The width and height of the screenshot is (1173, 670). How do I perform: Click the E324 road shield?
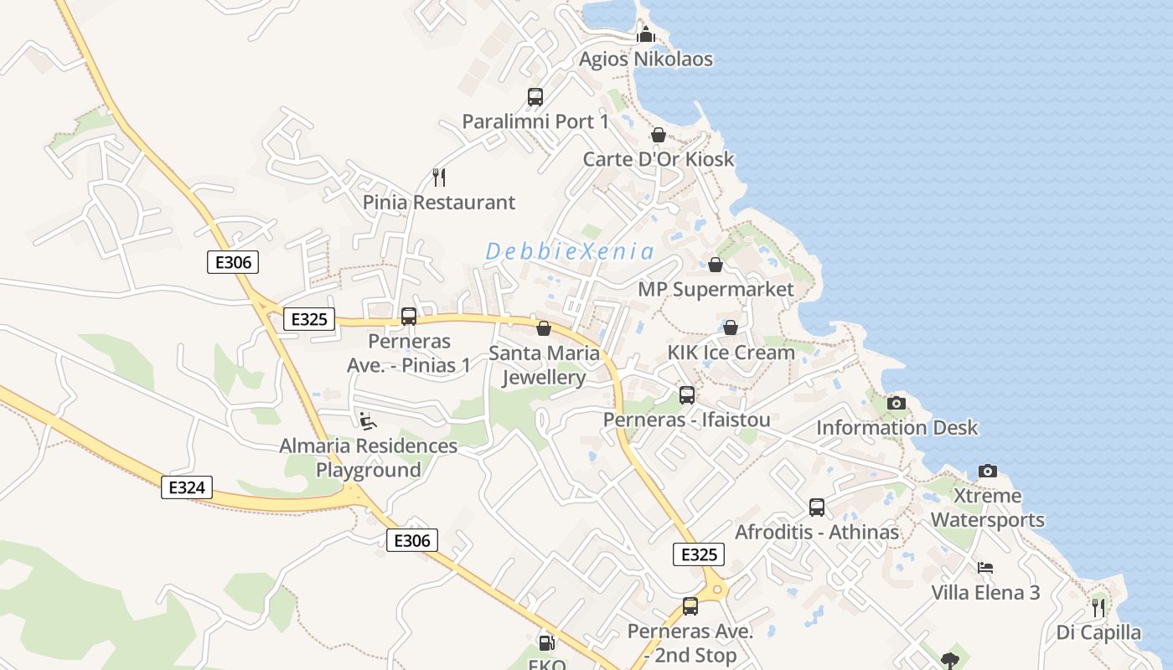[187, 487]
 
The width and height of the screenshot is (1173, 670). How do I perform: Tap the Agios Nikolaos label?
[646, 59]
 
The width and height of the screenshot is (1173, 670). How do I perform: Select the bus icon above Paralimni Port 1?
[535, 97]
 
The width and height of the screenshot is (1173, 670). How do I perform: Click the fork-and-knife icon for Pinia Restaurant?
[438, 177]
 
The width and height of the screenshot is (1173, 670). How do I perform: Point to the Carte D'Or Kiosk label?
[659, 159]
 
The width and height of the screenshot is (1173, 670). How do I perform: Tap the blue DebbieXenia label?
[570, 251]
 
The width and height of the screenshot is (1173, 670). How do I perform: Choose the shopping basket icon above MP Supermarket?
[716, 265]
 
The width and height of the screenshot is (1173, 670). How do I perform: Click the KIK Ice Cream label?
[731, 353]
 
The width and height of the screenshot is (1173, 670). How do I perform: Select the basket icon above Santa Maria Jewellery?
[544, 328]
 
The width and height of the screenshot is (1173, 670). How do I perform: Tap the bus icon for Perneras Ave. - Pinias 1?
[409, 317]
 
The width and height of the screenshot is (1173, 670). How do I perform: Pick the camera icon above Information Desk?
[897, 403]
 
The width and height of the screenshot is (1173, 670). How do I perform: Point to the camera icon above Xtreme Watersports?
[988, 471]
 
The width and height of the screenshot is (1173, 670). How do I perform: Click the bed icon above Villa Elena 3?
[985, 568]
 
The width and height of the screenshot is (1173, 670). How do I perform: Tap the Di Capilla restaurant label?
[1098, 632]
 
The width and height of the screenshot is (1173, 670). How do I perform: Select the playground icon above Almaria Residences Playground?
[367, 420]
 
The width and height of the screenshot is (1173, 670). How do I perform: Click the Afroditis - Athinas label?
[817, 533]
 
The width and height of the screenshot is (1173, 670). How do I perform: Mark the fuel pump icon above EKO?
[546, 643]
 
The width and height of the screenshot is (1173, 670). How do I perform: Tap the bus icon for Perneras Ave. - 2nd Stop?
[690, 606]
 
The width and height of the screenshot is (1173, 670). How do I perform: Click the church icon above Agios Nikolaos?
[646, 34]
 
